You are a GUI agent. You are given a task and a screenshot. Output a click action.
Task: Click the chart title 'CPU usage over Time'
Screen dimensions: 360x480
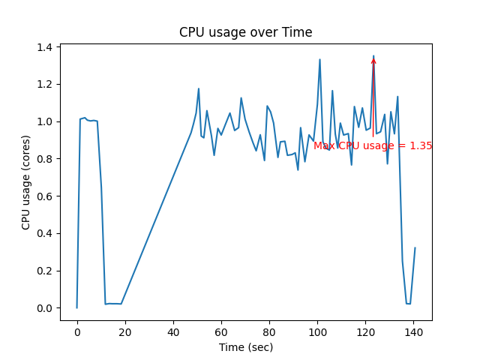click(x=245, y=32)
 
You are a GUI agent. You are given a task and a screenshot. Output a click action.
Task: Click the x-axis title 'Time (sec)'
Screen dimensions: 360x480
click(x=245, y=347)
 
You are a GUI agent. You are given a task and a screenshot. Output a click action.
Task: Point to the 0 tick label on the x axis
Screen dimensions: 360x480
click(x=77, y=331)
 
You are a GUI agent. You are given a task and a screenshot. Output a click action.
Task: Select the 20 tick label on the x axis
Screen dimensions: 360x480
click(x=125, y=331)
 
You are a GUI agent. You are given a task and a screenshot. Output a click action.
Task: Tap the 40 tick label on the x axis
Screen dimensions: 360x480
click(x=173, y=331)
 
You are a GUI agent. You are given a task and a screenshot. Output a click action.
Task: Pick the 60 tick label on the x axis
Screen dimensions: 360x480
click(x=221, y=331)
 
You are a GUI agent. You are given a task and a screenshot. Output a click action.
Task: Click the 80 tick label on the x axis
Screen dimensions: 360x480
click(x=269, y=331)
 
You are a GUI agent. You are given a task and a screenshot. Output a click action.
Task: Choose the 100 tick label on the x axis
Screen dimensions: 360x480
click(x=317, y=331)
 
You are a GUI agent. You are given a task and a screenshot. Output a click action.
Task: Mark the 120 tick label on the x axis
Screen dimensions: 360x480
click(x=365, y=331)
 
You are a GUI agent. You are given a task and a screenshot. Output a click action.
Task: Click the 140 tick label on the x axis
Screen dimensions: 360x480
click(x=413, y=331)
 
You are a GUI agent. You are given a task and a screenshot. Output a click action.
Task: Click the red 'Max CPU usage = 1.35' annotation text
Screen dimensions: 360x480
click(x=373, y=146)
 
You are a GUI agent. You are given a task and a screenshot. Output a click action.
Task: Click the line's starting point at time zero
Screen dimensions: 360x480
click(x=77, y=307)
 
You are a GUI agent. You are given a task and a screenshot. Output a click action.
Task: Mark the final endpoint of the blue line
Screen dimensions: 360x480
click(x=415, y=248)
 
